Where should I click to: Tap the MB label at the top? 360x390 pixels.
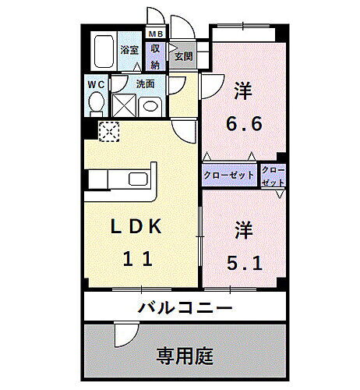(x=156, y=34)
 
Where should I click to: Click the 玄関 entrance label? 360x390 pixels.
(x=182, y=56)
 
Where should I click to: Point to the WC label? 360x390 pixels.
(x=96, y=83)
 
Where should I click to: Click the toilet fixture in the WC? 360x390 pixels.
(x=97, y=103)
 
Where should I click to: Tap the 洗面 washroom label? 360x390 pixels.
(x=145, y=83)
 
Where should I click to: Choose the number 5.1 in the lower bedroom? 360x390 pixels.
(x=245, y=263)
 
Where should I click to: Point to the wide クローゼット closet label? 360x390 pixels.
(x=230, y=175)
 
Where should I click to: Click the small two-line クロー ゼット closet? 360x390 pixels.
(x=274, y=175)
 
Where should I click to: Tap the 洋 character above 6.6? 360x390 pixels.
(x=243, y=89)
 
